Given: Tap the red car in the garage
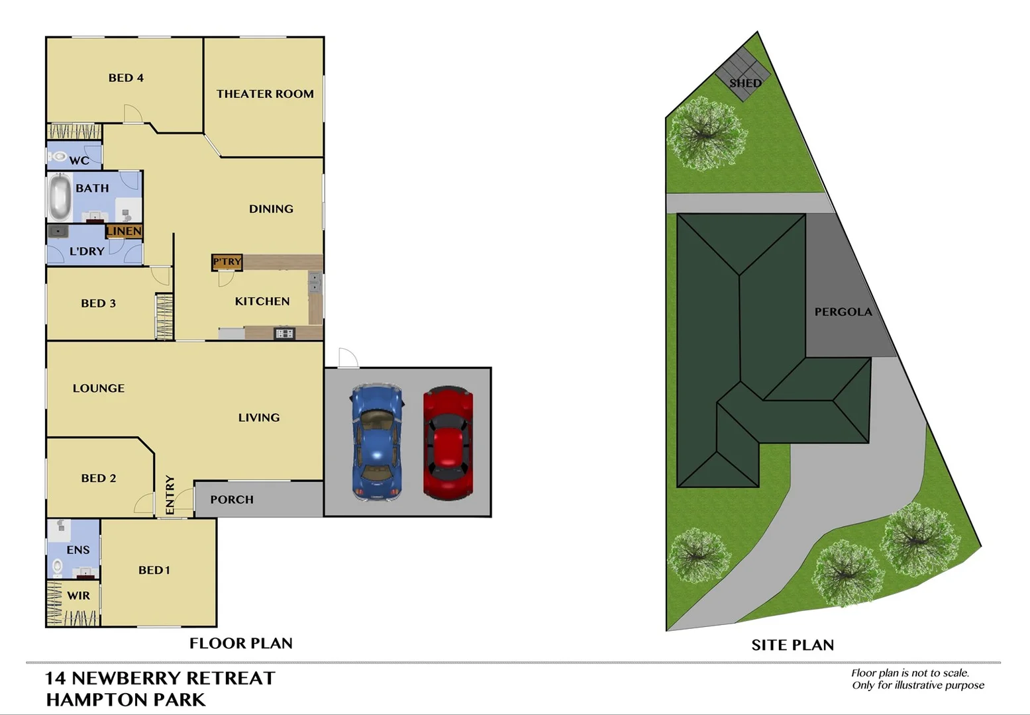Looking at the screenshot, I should pos(448,442).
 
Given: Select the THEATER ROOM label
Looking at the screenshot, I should pos(265,94).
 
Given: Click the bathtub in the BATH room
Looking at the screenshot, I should pos(60,197).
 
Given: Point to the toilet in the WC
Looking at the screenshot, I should pos(58,157).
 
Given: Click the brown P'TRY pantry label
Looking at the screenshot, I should pos(227,262).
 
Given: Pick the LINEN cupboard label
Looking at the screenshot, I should pos(124,231).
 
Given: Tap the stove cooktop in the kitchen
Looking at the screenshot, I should pos(284,333).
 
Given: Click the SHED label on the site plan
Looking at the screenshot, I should pos(745,83).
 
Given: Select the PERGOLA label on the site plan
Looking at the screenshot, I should pos(843,312).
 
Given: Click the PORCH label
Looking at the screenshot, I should pos(232,500).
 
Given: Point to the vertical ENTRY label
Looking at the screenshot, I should pos(170,495).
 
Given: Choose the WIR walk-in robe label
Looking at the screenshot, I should pos(78,596).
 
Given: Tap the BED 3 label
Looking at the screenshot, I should pos(98,303).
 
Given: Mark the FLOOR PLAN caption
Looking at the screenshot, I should pos(241,643).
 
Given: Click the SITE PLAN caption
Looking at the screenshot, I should pos(792,645).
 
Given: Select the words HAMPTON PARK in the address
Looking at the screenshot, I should pos(126,700).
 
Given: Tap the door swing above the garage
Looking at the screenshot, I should pos(347,358).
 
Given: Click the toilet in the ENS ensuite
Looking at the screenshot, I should pos(58,567).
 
